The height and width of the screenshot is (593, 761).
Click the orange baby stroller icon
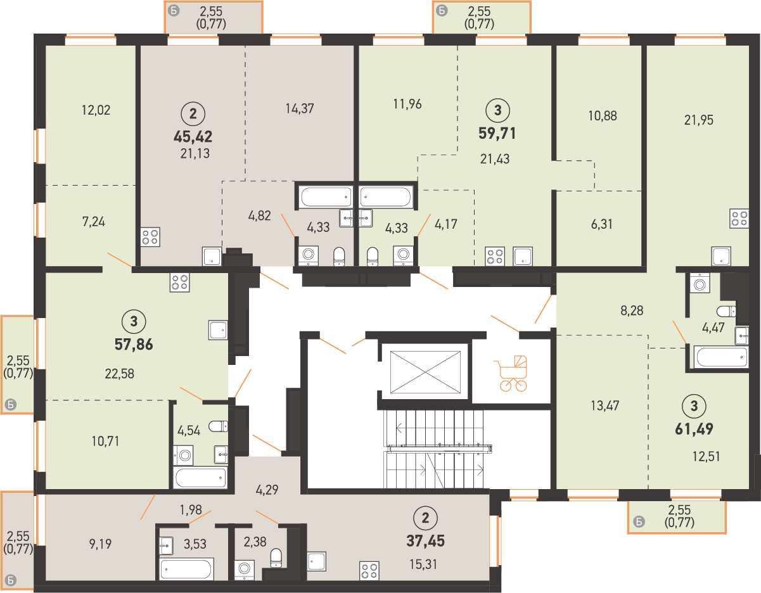(511, 373)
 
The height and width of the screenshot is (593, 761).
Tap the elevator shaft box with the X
(425, 373)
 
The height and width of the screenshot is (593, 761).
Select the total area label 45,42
(193, 136)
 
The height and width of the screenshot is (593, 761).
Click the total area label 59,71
(497, 134)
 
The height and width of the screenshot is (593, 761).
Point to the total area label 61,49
(694, 429)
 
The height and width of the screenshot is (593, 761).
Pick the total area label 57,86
(134, 345)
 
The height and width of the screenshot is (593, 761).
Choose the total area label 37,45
(426, 541)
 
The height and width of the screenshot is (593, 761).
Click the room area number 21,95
(699, 120)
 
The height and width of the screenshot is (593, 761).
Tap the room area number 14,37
(300, 108)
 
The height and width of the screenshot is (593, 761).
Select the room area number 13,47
(604, 405)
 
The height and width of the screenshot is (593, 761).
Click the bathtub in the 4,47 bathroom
(720, 357)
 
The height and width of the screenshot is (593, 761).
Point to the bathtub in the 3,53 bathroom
(186, 569)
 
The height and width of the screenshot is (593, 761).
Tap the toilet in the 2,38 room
(276, 558)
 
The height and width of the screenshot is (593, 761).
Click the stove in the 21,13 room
(150, 237)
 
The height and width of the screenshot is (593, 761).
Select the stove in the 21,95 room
(739, 219)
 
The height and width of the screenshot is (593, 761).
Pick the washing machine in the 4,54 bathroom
(184, 456)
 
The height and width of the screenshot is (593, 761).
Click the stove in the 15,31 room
(369, 571)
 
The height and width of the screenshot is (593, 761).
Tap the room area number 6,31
(602, 224)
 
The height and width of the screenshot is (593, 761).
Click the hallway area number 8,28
(632, 310)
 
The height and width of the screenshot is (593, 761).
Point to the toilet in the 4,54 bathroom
(218, 426)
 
